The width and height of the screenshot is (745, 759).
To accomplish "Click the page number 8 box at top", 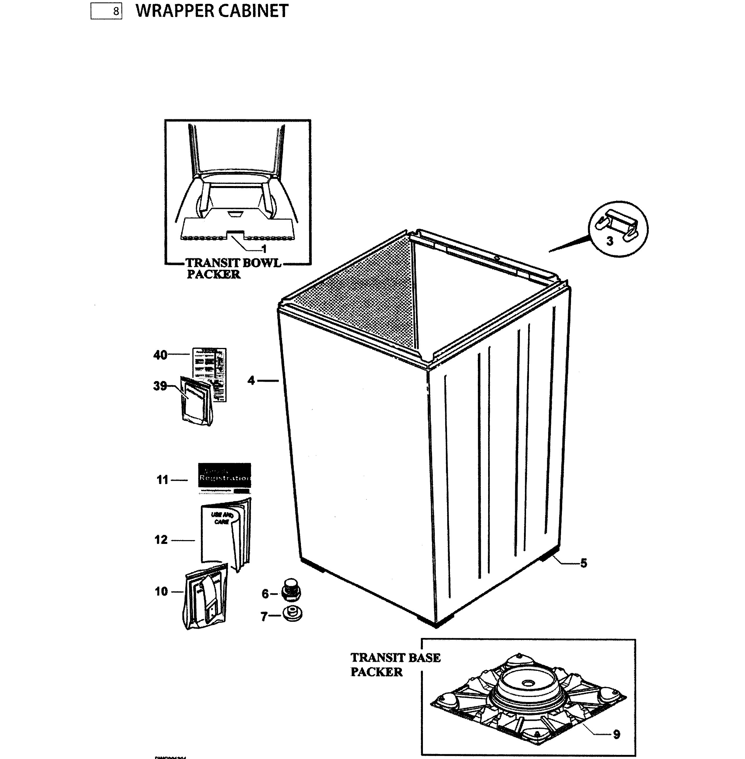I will coord(106,11).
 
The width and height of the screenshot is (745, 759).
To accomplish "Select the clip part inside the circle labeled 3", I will coord(616,226).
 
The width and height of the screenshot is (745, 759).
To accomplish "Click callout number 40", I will coord(160,355).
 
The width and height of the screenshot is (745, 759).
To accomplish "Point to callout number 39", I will coord(160,386).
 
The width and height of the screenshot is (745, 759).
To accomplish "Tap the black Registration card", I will coord(224,475).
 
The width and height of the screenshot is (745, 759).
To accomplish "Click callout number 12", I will coord(161,540).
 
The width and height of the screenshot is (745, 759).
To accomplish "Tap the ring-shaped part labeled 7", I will coord(292,614).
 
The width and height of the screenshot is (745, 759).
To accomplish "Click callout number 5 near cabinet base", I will coord(583,563).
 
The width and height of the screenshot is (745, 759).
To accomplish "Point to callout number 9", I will coord(616,734).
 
